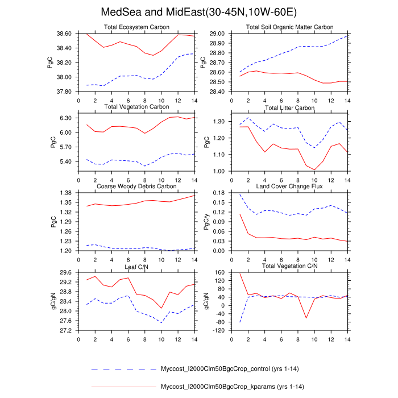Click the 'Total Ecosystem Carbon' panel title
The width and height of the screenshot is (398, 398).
pos(136,27)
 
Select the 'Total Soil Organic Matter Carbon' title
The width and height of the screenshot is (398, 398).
pos(289,27)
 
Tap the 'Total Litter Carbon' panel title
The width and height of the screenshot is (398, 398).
pos(289,107)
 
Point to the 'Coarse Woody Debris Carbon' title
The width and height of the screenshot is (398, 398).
pos(136,186)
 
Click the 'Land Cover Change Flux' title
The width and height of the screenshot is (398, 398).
pos(289,186)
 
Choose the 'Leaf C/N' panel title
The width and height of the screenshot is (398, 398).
pos(136,266)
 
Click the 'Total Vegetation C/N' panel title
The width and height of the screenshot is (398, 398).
pos(289,266)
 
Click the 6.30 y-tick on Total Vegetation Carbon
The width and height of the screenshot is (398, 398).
pos(67,118)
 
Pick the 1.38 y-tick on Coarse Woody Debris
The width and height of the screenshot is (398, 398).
pos(67,193)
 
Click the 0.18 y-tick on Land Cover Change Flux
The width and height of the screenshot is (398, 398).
pos(219,193)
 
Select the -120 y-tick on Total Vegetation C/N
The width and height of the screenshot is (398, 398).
pos(219,330)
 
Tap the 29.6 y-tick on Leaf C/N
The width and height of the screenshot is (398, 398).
pos(67,272)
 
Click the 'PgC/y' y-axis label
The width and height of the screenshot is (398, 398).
pos(206,222)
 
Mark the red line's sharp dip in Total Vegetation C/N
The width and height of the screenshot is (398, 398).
pos(306,318)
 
